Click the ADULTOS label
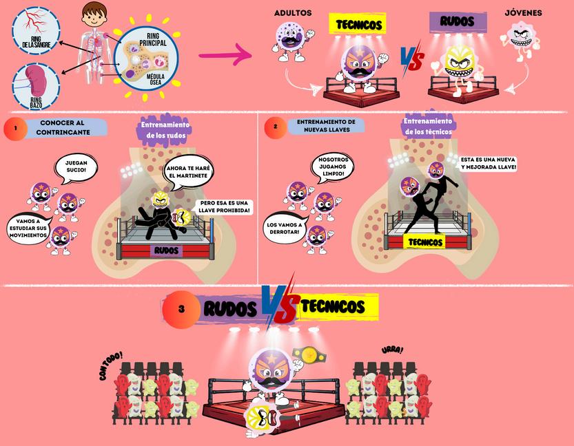pyautogui.click(x=293, y=13)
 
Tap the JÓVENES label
pyautogui.click(x=523, y=13)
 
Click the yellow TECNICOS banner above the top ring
pyautogui.click(x=358, y=25)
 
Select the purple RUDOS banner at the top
pyautogui.click(x=458, y=21)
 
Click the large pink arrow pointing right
pyautogui.click(x=225, y=55)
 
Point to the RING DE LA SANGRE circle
pyautogui.click(x=36, y=30)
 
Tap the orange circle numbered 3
pyautogui.click(x=181, y=309)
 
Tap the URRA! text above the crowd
pyautogui.click(x=393, y=350)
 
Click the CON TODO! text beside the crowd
pyautogui.click(x=111, y=364)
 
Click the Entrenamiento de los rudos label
pyautogui.click(x=165, y=129)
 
